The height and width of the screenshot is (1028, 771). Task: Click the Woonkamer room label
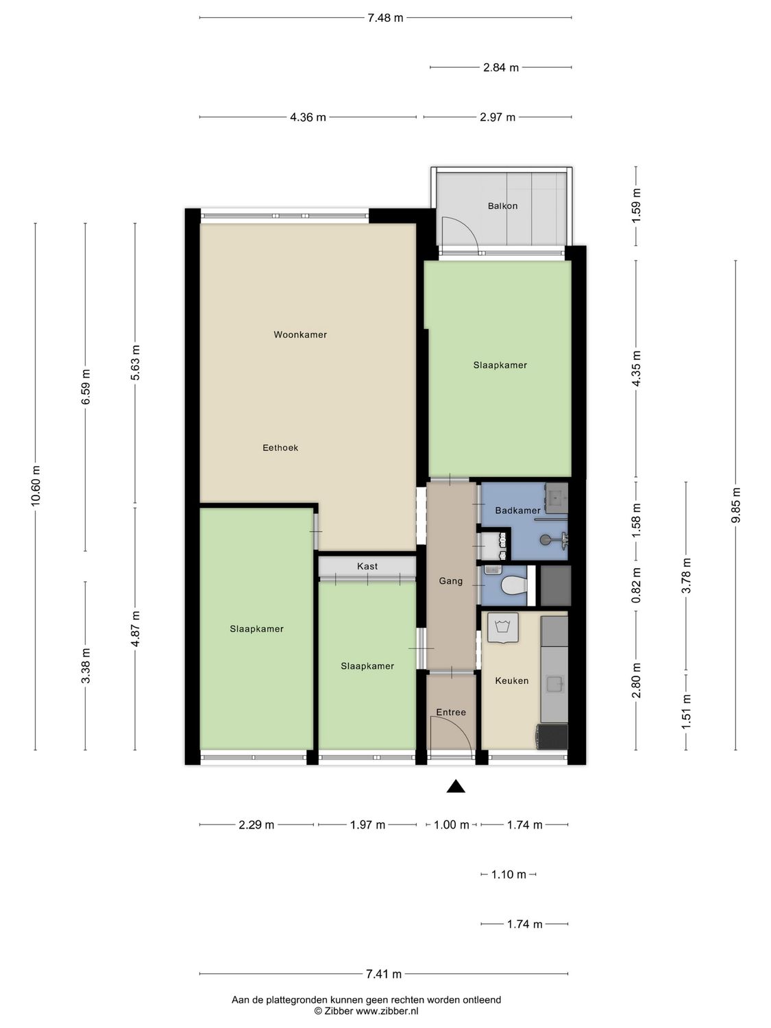coord(300,334)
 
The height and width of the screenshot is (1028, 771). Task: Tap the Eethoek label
coord(280,448)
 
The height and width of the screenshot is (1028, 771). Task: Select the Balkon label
coord(502,206)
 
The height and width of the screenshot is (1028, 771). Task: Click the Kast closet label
coord(367,566)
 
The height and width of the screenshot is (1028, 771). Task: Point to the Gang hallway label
coord(450,580)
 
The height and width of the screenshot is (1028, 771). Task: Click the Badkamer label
coord(517,510)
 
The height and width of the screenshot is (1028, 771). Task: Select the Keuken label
coord(511,681)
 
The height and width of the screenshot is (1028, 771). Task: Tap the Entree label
coord(450,712)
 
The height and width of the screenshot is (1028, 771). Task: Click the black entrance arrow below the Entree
coord(456,787)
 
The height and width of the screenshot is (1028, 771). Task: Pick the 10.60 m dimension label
coord(36,485)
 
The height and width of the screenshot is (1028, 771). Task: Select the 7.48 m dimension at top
coord(385,18)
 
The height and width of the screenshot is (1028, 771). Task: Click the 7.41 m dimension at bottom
coord(384,973)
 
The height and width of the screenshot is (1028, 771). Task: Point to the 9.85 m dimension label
coord(736,505)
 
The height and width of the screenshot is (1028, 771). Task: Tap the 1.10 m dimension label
coord(509,874)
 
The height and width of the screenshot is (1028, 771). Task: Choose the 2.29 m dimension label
coord(256,824)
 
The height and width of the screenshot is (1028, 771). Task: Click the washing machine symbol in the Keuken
coord(502,628)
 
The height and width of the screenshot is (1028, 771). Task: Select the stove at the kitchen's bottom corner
coord(552,737)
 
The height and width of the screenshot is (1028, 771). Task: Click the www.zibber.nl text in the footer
coord(387,1011)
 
